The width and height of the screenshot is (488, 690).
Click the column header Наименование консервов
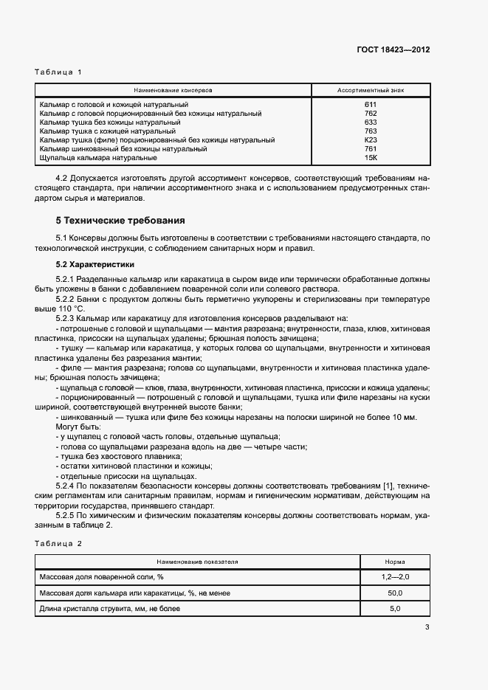[173, 90]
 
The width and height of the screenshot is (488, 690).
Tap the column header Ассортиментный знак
[371, 90]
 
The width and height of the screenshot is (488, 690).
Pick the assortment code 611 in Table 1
[371, 105]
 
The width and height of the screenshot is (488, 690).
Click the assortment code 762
[371, 114]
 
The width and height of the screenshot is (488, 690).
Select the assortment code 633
[371, 123]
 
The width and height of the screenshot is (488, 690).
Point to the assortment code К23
[371, 140]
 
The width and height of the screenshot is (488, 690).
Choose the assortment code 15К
[371, 158]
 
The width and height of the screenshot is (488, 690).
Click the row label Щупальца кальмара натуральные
[98, 158]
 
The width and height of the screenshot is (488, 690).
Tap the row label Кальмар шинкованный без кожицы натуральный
[123, 149]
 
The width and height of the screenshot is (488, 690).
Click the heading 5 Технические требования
[120, 221]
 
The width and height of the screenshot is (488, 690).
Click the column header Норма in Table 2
[395, 562]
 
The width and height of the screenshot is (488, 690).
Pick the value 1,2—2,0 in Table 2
[395, 576]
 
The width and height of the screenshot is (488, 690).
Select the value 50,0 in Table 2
[395, 593]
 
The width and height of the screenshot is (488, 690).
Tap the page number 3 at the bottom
[427, 628]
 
